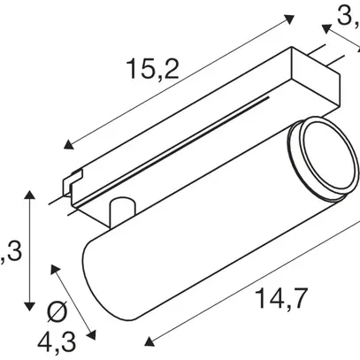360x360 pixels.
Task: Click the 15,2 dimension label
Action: [151, 67]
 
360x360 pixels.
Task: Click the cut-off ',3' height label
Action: [11, 255]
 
